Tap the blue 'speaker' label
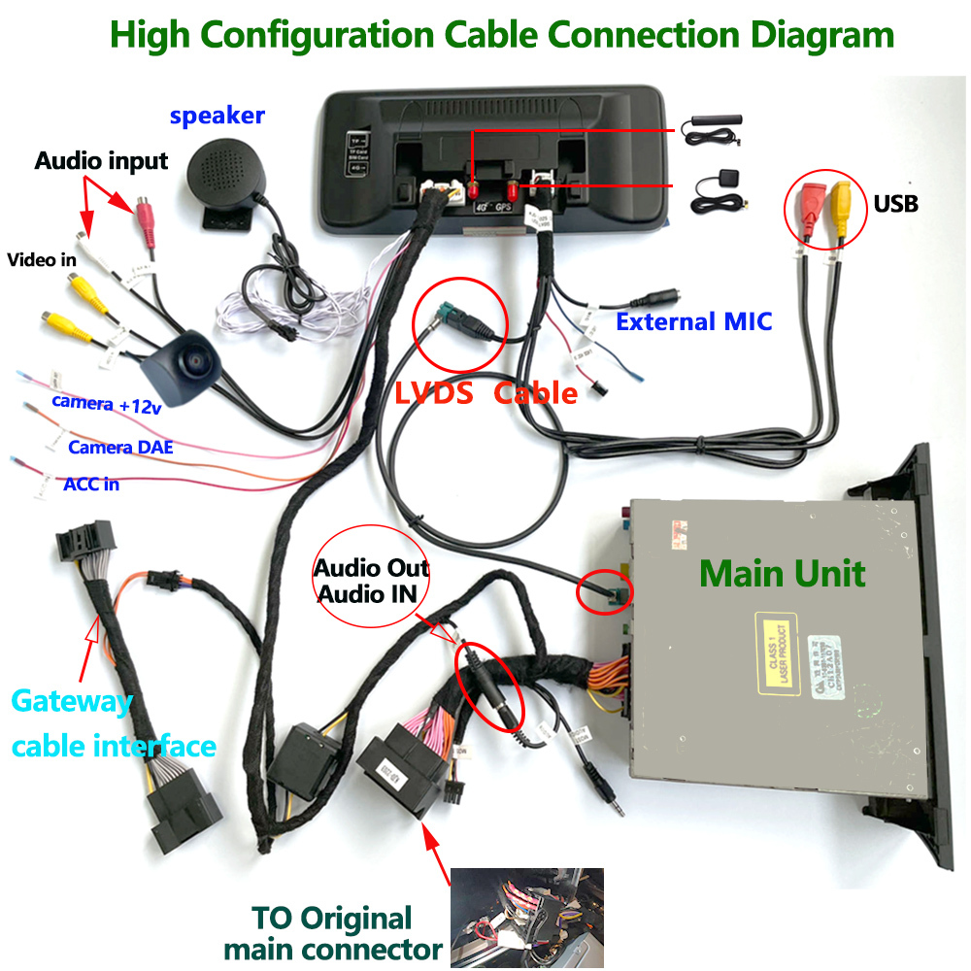pos(217,116)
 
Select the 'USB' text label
pos(895,205)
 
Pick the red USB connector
pos(808,204)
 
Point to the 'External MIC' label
pos(694,321)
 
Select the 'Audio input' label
pos(101,160)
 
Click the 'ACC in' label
pos(91,483)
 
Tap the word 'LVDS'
pos(433,393)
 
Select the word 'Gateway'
pos(71,701)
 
